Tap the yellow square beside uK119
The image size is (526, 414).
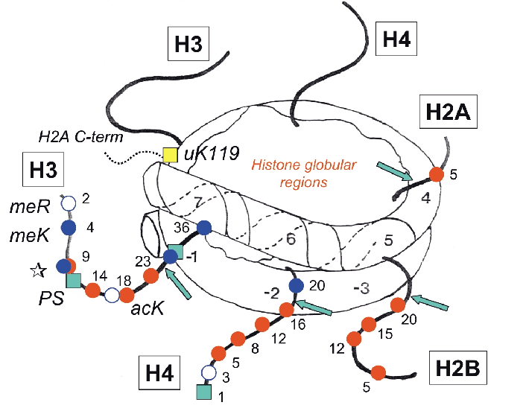(x=170, y=154)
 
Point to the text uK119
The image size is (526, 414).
(x=210, y=154)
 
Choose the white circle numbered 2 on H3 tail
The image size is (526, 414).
(x=69, y=203)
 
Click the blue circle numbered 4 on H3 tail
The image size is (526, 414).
(x=69, y=228)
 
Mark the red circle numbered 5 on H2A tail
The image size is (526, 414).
(x=437, y=176)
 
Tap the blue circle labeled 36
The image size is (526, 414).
(x=204, y=228)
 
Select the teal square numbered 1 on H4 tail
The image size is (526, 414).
(x=202, y=392)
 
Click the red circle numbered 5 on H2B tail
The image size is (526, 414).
(x=378, y=372)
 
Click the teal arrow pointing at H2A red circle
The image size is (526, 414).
(x=393, y=171)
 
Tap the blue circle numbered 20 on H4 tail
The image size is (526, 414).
(x=296, y=285)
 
